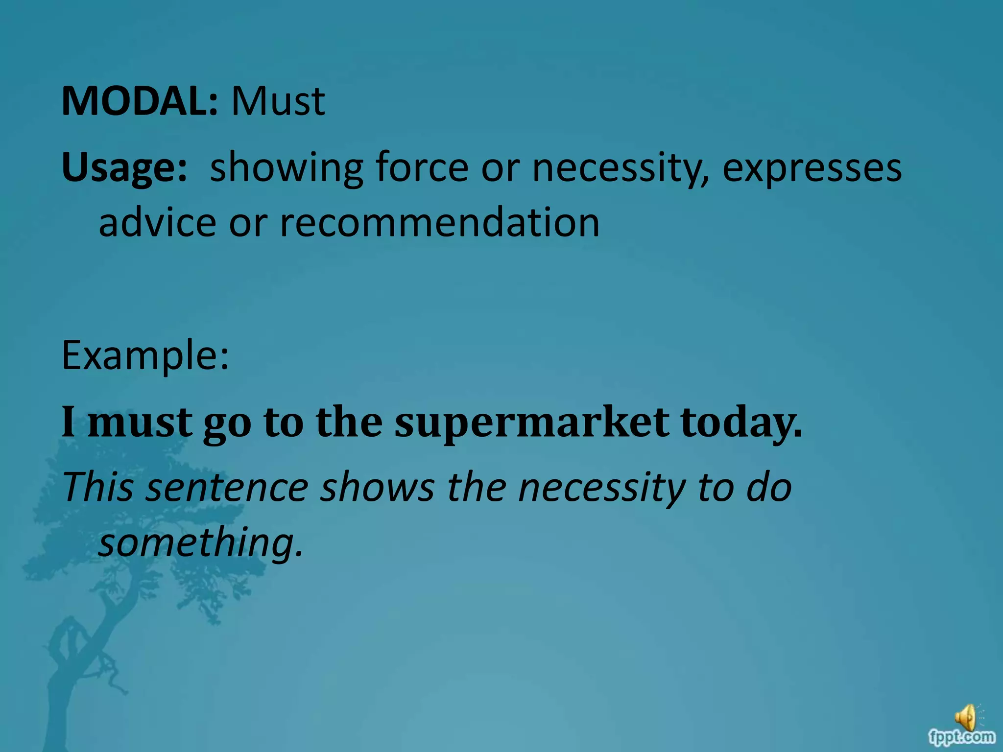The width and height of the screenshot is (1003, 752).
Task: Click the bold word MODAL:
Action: [139, 101]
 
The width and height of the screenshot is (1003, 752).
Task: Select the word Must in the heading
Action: [278, 101]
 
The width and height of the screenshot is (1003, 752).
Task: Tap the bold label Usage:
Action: [124, 168]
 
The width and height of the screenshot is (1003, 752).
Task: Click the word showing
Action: [287, 168]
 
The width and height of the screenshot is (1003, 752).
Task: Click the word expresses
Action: [812, 168]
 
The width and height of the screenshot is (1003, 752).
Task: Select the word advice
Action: [157, 223]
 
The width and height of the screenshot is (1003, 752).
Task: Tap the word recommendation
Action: [439, 223]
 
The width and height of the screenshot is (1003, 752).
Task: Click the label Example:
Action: [145, 356]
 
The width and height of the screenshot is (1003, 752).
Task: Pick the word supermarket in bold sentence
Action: [532, 422]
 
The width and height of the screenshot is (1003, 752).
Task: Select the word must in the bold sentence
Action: [140, 422]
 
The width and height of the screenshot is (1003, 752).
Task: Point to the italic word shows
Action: [377, 487]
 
